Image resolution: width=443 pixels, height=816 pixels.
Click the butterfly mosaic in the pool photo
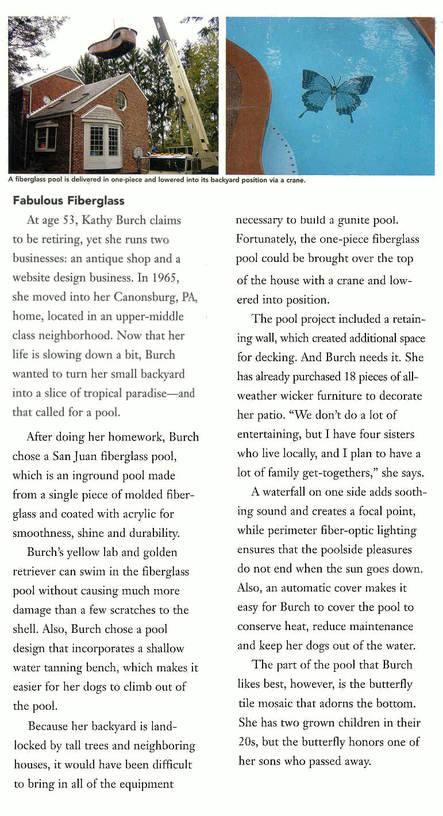(x=337, y=95)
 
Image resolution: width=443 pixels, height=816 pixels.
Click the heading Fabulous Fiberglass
(x=68, y=201)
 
